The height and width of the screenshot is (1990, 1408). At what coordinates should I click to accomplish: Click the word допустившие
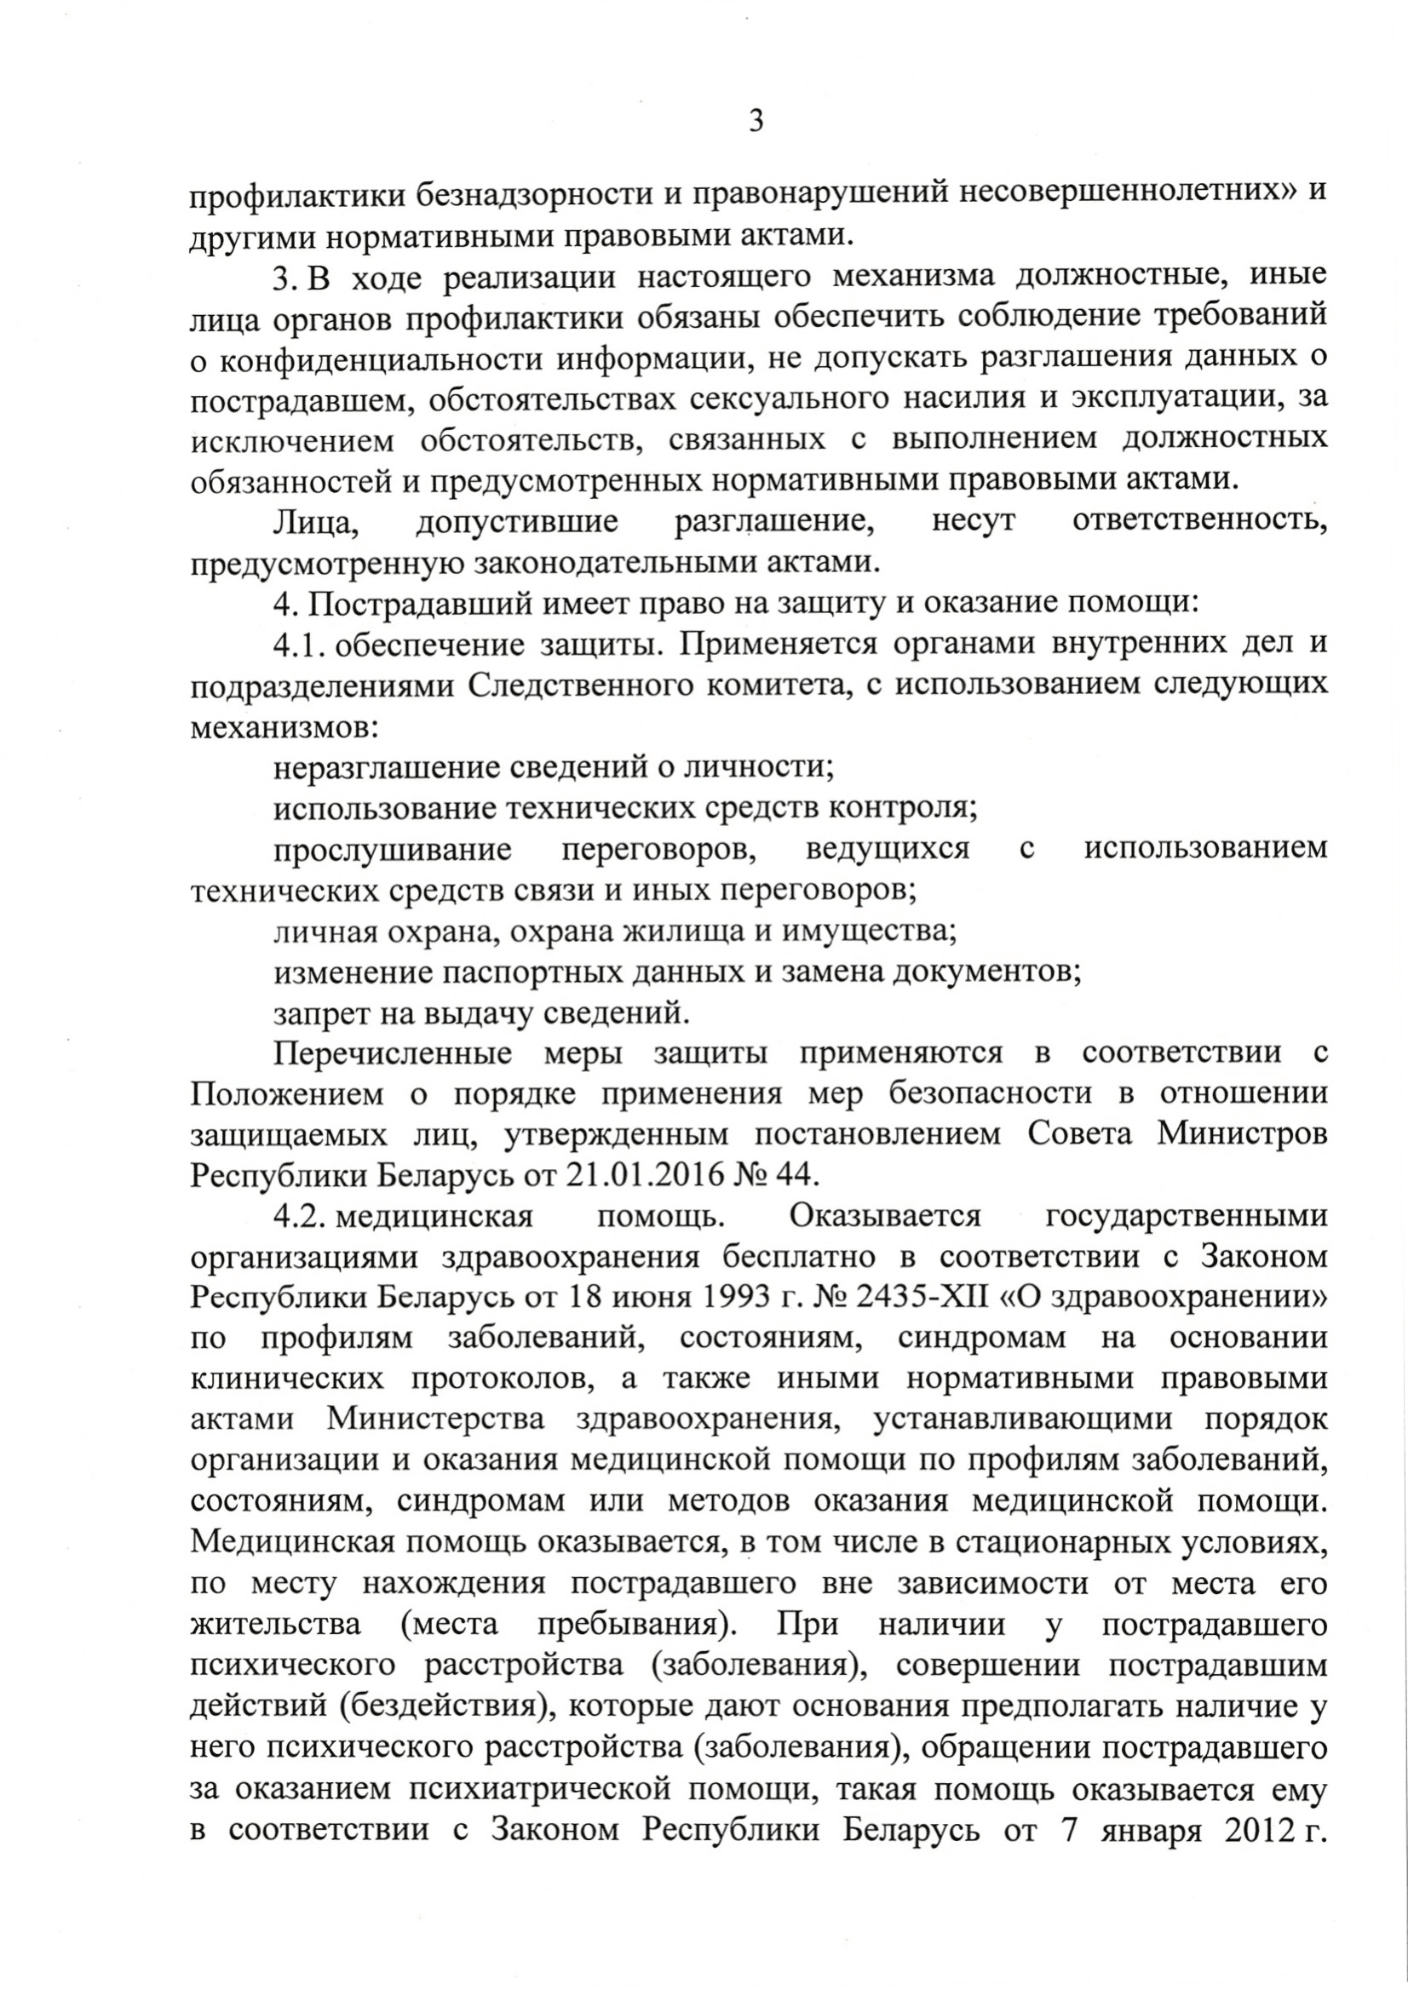[518, 524]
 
